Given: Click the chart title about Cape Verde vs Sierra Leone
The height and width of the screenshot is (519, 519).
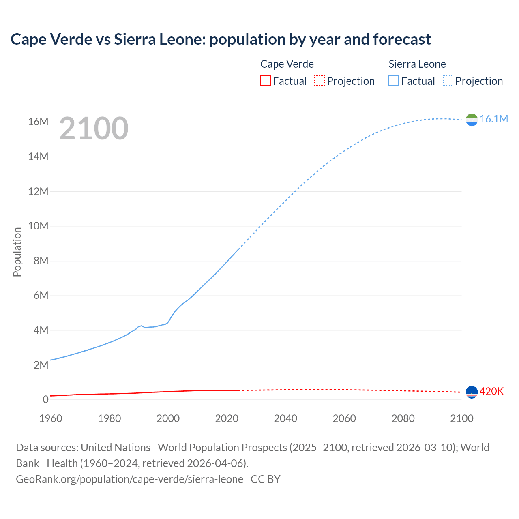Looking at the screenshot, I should pos(221,39).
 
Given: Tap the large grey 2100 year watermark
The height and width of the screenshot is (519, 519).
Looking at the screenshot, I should pos(94,129).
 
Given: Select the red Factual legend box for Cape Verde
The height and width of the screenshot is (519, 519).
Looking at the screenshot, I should pos(265,81).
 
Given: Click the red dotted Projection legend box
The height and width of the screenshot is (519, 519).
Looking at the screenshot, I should pos(320,81).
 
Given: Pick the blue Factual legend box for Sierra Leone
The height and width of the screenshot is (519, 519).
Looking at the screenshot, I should pos(394,81).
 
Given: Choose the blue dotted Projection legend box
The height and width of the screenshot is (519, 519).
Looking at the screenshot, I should pos(448,81).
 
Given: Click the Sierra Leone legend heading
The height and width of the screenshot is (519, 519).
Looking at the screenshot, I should pos(417,64).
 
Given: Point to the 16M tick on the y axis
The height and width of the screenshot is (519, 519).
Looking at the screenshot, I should pos(38,122).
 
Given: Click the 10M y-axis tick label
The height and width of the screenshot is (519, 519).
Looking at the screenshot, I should pos(38,226).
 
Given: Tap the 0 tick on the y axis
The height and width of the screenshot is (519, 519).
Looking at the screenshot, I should pos(45,399).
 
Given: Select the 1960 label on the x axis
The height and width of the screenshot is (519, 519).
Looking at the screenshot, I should pos(51,418).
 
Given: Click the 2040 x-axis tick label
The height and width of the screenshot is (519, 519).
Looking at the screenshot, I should pos(285,418).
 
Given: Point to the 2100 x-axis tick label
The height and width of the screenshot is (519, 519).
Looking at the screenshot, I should pos(461,418).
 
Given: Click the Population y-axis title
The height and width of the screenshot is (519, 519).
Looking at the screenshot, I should pos(17,252).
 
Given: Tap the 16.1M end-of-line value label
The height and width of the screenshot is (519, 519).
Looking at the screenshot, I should pos(493,119).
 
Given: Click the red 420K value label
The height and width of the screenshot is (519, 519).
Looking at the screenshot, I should pos(491,391).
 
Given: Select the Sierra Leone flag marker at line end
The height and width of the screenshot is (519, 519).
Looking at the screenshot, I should pos(472,120).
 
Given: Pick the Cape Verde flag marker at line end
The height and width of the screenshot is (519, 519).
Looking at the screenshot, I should pos(472,392).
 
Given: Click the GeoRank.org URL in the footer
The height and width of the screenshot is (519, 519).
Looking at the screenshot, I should pos(129,479).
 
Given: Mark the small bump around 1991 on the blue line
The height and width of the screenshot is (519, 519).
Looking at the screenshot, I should pos(141,326).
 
